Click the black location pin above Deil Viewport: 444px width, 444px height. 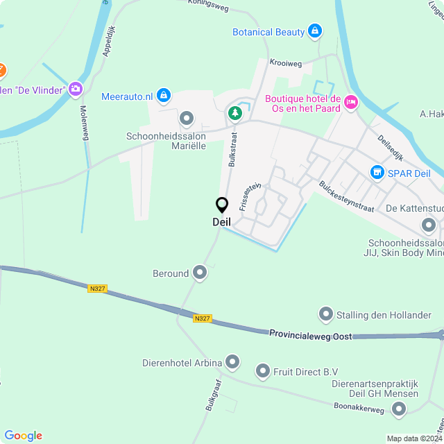(x=222, y=205)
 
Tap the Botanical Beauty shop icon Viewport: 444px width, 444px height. (x=315, y=31)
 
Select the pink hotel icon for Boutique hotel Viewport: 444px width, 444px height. (x=351, y=103)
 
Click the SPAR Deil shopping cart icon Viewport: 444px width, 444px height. (x=377, y=171)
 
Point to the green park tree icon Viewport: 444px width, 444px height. (x=236, y=112)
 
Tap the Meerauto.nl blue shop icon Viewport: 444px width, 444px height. (x=163, y=95)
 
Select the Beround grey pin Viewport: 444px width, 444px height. (x=200, y=273)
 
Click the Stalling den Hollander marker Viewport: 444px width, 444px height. (x=325, y=315)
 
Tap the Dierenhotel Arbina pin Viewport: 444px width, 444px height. (x=232, y=362)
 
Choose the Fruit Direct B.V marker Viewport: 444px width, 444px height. (x=263, y=371)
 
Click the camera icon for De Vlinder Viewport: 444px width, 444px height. (x=75, y=89)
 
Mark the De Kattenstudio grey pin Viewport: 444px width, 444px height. (x=429, y=224)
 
